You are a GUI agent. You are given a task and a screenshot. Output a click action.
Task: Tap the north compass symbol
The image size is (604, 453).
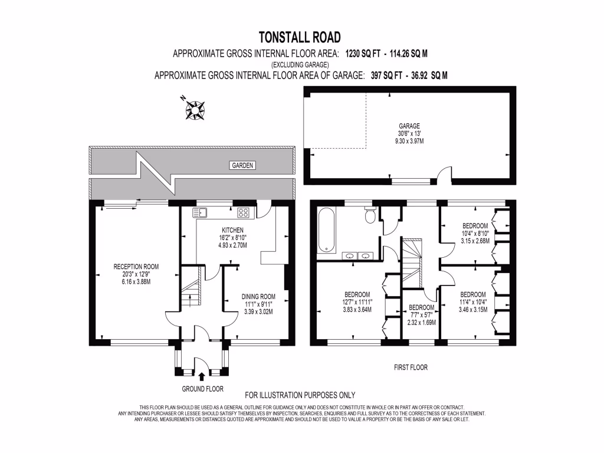pos(193,109)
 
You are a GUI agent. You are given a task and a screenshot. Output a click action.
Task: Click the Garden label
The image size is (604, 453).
pos(242,166)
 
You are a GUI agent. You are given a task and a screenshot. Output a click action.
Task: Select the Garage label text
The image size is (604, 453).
pos(409,126)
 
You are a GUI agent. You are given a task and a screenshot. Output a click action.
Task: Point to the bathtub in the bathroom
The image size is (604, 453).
pos(326,231)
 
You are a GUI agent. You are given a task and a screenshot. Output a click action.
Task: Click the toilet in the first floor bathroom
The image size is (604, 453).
pos(370,215)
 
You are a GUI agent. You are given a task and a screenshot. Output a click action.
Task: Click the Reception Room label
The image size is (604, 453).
pos(136,267)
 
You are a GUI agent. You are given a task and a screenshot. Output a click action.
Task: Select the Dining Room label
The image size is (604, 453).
pos(258,297)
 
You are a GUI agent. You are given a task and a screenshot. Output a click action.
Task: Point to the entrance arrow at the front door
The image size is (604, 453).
pos(202,376)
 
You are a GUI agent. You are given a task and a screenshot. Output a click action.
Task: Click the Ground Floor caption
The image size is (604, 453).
pos(202,389)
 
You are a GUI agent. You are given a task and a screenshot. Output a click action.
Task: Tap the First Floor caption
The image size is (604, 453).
pos(411,367)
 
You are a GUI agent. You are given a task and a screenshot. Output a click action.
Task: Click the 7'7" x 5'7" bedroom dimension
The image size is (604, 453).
pos(422,315)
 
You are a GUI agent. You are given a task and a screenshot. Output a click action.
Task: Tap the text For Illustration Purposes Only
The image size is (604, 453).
pos(300,395)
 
